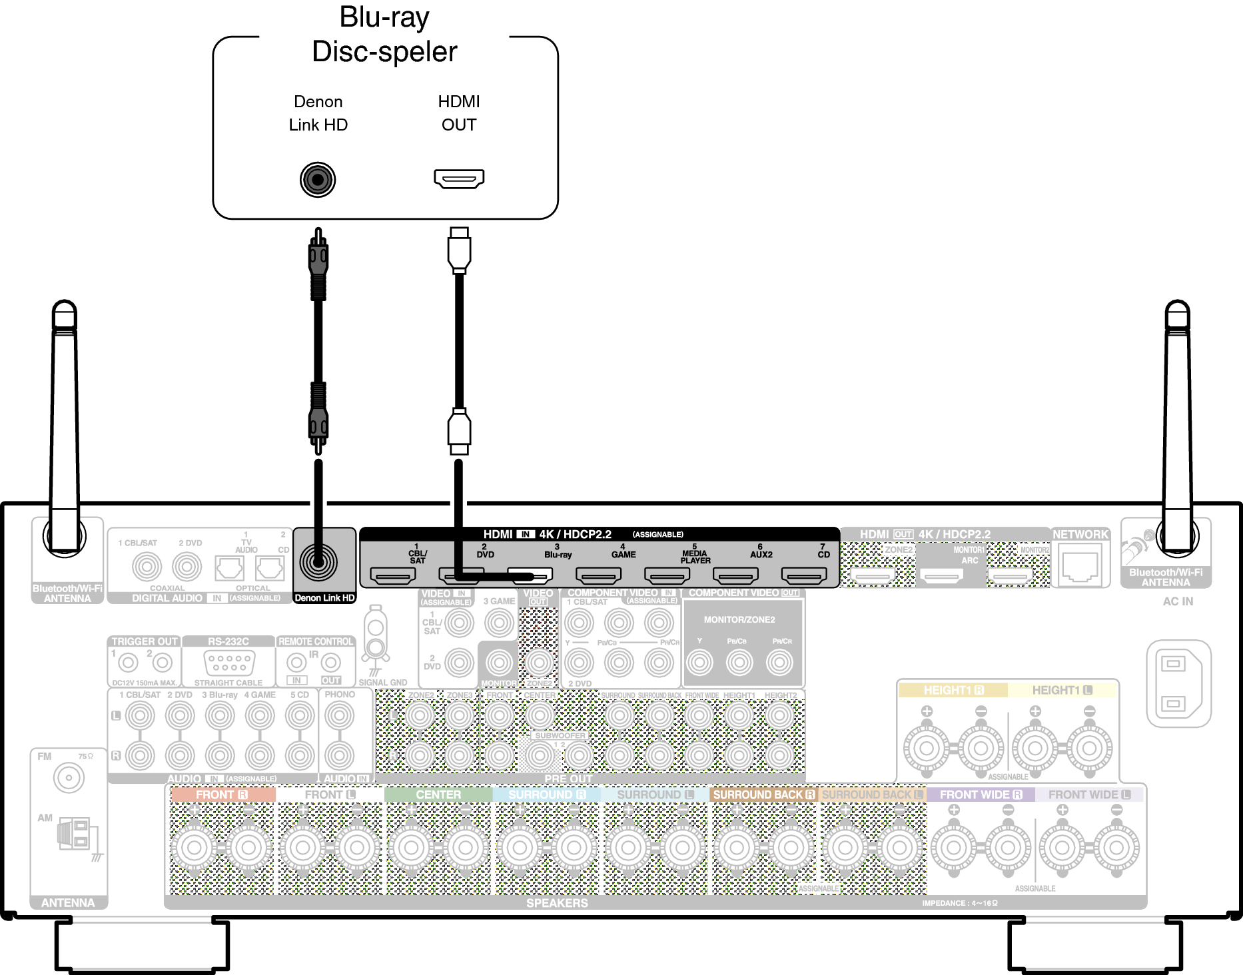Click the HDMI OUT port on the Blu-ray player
459,179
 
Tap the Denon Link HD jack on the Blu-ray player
318,180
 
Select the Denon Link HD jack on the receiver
318,562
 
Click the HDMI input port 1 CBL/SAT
393,575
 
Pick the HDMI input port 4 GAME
598,575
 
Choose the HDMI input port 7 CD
804,575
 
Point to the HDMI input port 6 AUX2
735,575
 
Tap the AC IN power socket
1178,683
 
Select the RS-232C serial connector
228,662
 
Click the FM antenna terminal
69,778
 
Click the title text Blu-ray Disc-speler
385,35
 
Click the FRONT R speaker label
222,795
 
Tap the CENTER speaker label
438,795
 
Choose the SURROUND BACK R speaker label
763,795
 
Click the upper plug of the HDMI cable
459,250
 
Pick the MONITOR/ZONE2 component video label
739,619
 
